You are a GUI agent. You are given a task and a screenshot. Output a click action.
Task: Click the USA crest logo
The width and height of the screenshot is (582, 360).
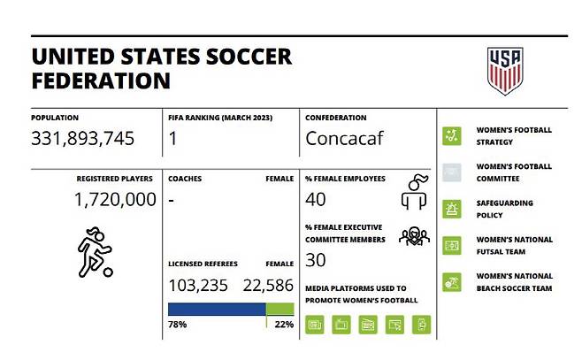pyautogui.click(x=504, y=71)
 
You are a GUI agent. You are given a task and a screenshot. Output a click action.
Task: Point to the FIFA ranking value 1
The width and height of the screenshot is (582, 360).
pyautogui.click(x=173, y=139)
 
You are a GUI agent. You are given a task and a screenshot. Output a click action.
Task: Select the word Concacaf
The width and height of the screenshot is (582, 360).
pyautogui.click(x=349, y=139)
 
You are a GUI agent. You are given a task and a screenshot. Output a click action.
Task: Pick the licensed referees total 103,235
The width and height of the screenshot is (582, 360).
pyautogui.click(x=198, y=285)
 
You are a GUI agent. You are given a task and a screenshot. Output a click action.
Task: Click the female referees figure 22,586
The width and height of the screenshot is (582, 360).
pyautogui.click(x=263, y=285)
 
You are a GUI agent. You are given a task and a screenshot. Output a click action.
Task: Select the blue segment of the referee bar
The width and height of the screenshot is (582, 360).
pyautogui.click(x=217, y=309)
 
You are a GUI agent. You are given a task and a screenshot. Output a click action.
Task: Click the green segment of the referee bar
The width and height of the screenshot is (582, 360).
pyautogui.click(x=280, y=309)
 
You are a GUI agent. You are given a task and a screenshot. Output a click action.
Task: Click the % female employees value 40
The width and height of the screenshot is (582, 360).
pyautogui.click(x=316, y=200)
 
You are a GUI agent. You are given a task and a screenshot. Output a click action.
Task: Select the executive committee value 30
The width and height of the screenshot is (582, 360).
pyautogui.click(x=316, y=260)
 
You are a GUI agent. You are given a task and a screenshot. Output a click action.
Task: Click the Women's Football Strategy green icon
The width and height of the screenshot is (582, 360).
pyautogui.click(x=452, y=135)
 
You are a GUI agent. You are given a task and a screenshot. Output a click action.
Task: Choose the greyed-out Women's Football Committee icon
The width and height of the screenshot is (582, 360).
pyautogui.click(x=452, y=172)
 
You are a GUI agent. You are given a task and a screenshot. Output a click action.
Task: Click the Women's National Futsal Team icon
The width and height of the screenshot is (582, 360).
pyautogui.click(x=452, y=245)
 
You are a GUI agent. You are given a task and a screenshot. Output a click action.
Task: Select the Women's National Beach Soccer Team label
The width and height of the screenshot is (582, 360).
pyautogui.click(x=515, y=281)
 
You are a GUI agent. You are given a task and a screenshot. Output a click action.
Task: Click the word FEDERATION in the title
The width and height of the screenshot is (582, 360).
pyautogui.click(x=101, y=80)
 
